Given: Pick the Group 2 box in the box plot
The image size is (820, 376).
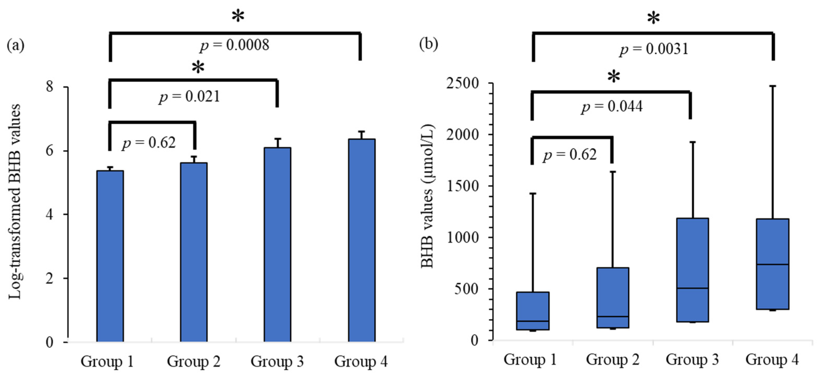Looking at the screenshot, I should tap(613, 298).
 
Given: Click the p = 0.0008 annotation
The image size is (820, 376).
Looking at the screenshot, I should tap(235, 45).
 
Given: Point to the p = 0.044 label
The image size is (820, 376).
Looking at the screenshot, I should tap(612, 106).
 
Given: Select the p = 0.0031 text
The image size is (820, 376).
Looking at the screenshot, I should tap(654, 49).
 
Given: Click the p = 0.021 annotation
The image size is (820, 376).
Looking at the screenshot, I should tap(190, 97).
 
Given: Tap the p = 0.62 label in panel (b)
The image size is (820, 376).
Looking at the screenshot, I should tap(570, 155).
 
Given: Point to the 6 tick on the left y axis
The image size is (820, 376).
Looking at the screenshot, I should tap(50, 151).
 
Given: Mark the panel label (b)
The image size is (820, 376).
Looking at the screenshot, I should tap(428, 44).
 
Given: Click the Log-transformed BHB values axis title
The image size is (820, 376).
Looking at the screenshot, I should tap(15, 201).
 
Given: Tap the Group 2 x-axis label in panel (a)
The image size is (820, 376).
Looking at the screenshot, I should tap(193, 361).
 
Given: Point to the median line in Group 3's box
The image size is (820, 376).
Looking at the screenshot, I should tap(692, 288).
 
